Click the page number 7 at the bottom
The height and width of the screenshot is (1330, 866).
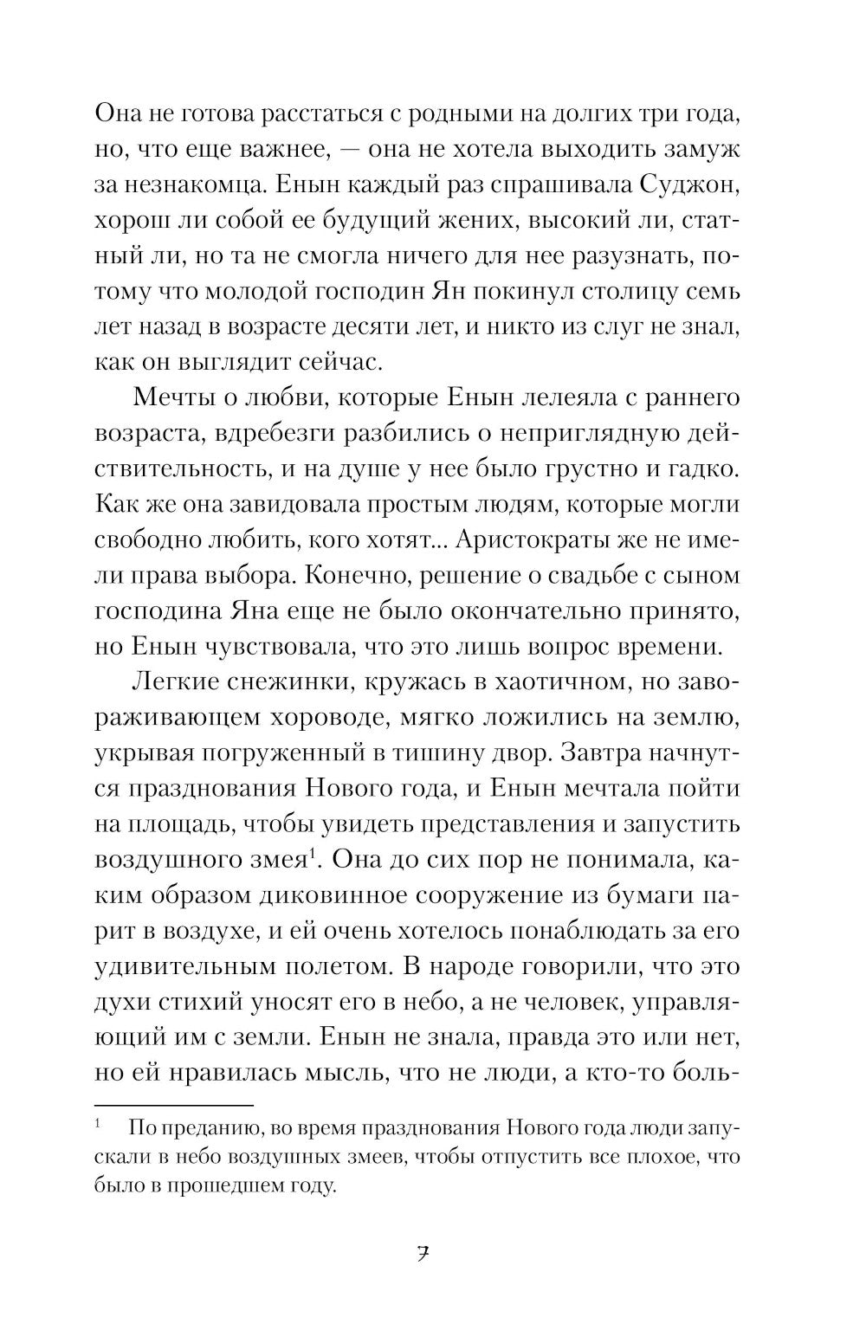pos(423,1254)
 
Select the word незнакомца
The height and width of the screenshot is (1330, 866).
pos(191,184)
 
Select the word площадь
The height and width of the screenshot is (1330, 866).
pos(176,823)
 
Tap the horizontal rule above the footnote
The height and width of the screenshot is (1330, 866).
pos(173,1105)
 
